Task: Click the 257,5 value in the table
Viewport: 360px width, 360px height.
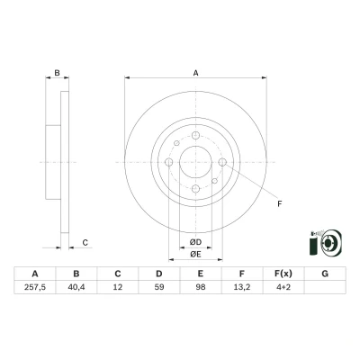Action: pyautogui.click(x=35, y=287)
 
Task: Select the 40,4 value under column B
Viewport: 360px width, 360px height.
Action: pyautogui.click(x=76, y=287)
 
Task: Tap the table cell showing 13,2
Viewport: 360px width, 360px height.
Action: pyautogui.click(x=242, y=287)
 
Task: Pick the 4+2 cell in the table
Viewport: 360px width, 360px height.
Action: pyautogui.click(x=283, y=287)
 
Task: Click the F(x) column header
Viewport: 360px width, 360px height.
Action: pyautogui.click(x=283, y=274)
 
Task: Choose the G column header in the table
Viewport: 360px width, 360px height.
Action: pyautogui.click(x=325, y=274)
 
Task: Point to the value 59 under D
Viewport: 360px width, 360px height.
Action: pyautogui.click(x=159, y=287)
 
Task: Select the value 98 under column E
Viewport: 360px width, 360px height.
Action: pyautogui.click(x=201, y=287)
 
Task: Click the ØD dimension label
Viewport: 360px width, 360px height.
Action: pyautogui.click(x=195, y=242)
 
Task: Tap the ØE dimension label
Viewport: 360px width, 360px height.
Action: pyautogui.click(x=195, y=255)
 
